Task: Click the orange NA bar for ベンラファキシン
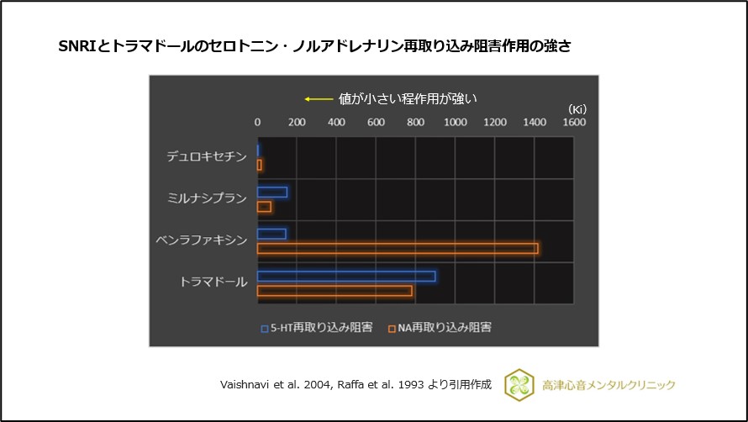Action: coord(397,248)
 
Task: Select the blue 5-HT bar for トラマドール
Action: coord(345,276)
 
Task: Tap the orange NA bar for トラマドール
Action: coord(334,291)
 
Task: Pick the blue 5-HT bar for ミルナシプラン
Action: coord(272,192)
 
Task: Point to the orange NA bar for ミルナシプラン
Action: coord(264,207)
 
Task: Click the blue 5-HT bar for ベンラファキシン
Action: coord(271,234)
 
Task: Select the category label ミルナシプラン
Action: coord(207,198)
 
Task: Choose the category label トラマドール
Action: coord(213,282)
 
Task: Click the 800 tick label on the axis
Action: coord(415,123)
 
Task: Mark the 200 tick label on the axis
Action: coord(297,123)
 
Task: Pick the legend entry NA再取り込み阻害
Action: coord(439,328)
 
